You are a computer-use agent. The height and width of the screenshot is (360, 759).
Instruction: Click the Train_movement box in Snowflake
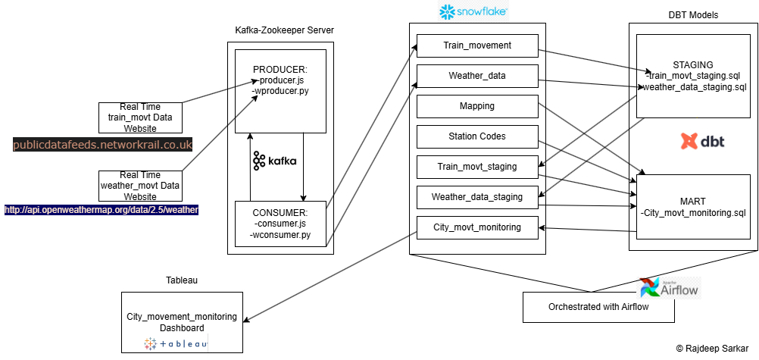477,45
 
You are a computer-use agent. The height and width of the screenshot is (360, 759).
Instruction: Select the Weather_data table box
477,76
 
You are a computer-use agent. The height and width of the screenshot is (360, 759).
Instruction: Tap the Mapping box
477,106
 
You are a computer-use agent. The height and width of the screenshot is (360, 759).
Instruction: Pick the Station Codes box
477,136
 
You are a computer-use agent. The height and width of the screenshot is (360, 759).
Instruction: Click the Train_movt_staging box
477,167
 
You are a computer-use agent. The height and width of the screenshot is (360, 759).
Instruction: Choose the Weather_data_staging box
477,197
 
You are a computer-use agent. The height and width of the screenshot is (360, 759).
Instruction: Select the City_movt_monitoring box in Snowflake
477,227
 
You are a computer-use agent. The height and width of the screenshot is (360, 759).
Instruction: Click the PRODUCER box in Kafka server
280,86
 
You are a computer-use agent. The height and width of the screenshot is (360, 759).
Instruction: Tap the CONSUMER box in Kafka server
280,224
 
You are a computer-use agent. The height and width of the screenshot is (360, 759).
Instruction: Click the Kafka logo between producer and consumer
275,161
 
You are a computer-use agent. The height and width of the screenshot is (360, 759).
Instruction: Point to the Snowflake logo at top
473,11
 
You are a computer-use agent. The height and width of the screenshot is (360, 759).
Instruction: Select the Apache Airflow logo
670,288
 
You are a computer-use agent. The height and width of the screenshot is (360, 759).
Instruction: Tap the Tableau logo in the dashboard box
176,344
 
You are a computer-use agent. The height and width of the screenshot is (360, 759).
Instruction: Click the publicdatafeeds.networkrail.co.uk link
103,144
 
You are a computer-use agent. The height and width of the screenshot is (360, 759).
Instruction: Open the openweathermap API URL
102,210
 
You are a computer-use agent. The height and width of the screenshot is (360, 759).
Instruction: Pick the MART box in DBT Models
693,206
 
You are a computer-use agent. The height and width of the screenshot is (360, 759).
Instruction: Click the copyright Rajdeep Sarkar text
715,348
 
